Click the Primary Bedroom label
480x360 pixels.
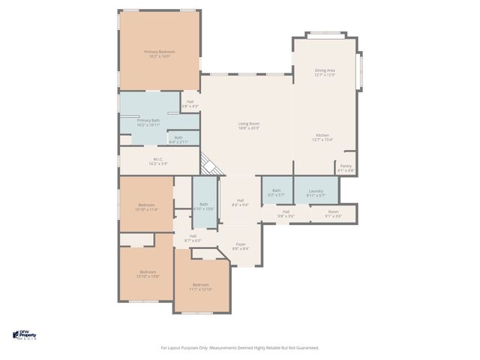click(x=158, y=53)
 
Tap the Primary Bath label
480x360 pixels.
click(x=148, y=122)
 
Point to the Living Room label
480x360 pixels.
click(x=248, y=125)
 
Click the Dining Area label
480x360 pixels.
click(x=324, y=72)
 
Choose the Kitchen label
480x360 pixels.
click(x=322, y=137)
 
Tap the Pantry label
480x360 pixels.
click(x=346, y=168)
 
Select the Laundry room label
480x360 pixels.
click(x=316, y=193)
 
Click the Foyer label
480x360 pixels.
click(x=241, y=246)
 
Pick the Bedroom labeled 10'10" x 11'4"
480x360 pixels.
click(x=147, y=207)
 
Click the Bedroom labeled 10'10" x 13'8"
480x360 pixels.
click(x=147, y=274)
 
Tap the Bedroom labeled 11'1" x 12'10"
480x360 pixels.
click(x=200, y=286)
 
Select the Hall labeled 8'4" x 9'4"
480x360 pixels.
click(x=241, y=202)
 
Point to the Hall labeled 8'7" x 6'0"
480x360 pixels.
click(x=193, y=238)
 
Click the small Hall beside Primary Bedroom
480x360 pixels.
click(x=190, y=104)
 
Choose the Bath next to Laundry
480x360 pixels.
click(x=276, y=193)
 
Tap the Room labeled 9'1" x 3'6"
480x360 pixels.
click(x=333, y=214)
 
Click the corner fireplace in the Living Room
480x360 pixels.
click(x=209, y=165)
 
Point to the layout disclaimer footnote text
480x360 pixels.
click(x=240, y=347)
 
